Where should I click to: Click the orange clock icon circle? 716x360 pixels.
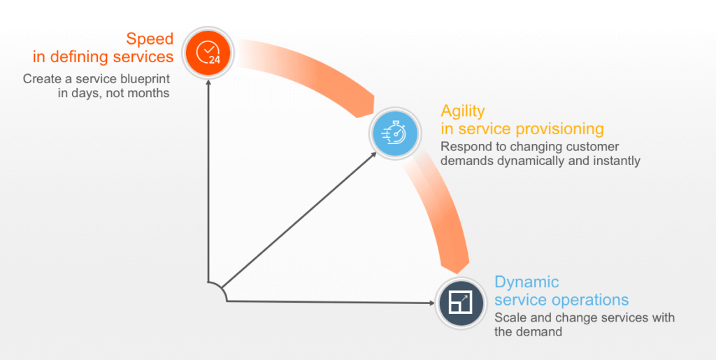click(x=208, y=53)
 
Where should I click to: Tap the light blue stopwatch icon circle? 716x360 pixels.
click(x=396, y=132)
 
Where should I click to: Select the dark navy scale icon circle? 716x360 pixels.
click(x=461, y=303)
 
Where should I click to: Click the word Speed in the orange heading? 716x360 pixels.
click(x=150, y=38)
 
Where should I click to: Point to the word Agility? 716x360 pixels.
click(x=463, y=111)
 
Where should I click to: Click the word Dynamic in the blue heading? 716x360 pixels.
click(x=527, y=282)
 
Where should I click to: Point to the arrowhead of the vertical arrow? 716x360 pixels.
click(x=208, y=83)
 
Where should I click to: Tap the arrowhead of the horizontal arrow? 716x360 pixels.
click(x=431, y=303)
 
